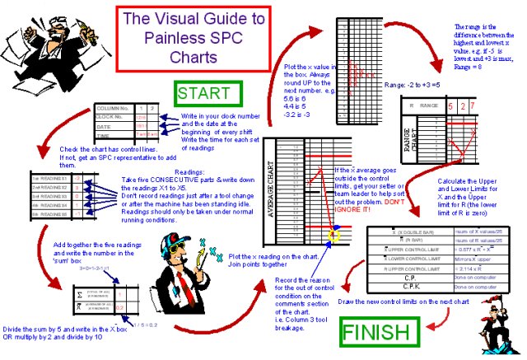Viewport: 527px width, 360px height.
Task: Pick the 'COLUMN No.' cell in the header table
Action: [x=115, y=108]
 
